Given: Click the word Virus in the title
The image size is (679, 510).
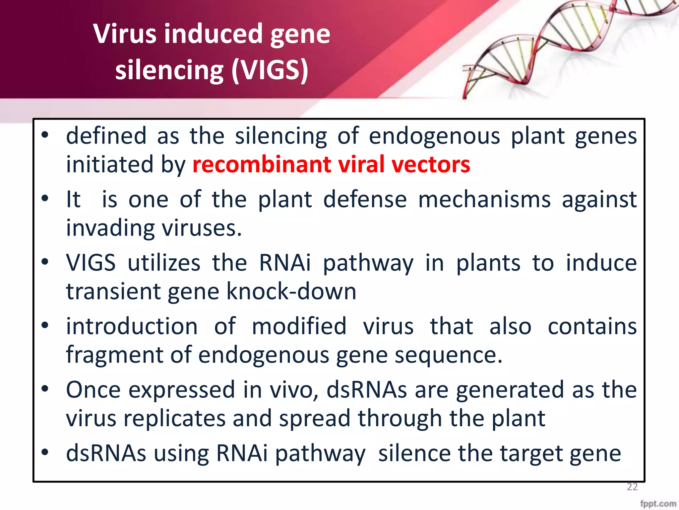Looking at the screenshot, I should pyautogui.click(x=124, y=34).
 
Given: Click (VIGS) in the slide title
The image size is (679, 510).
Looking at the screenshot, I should pyautogui.click(x=270, y=70).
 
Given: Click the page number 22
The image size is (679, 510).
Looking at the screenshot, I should pyautogui.click(x=632, y=487).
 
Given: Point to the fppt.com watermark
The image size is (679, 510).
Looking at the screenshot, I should pyautogui.click(x=658, y=504).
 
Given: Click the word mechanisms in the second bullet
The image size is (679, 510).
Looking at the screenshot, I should pyautogui.click(x=484, y=200).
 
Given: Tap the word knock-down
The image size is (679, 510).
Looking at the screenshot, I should pyautogui.click(x=291, y=291).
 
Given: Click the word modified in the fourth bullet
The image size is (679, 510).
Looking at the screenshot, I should pyautogui.click(x=299, y=326).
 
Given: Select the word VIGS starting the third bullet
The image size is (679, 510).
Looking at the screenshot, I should pyautogui.click(x=91, y=263).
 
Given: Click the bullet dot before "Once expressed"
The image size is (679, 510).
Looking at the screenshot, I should pyautogui.click(x=45, y=389).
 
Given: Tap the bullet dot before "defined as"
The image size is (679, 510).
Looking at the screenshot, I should pyautogui.click(x=45, y=135).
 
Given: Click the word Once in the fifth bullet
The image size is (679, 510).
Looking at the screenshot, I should pyautogui.click(x=93, y=390).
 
